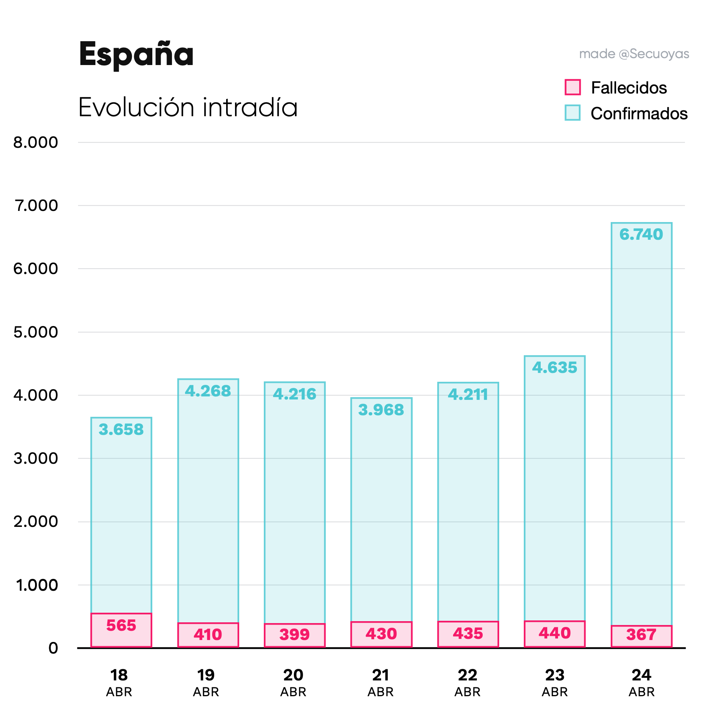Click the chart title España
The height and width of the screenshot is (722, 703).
click(136, 55)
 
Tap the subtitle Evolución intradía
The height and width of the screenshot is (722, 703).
click(188, 107)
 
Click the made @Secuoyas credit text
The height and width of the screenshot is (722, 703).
click(634, 54)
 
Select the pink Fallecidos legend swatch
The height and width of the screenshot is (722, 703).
click(572, 87)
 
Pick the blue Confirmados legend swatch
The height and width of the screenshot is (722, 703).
click(572, 113)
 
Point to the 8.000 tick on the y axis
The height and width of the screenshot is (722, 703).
click(36, 143)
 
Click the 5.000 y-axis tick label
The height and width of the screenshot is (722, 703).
click(36, 332)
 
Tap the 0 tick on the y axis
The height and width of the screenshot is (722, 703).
click(53, 648)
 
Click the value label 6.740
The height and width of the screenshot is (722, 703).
click(641, 234)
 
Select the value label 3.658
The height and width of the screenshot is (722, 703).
click(121, 430)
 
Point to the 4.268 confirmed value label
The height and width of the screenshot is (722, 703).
click(208, 391)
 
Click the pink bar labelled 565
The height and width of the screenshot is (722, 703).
click(121, 630)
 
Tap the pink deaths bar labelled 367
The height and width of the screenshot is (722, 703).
click(641, 636)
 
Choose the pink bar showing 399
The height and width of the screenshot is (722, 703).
click(295, 635)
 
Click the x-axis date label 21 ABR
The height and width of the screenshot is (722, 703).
click(381, 682)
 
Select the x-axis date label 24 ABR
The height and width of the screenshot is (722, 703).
click(641, 682)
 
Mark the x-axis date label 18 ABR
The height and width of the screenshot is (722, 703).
click(119, 682)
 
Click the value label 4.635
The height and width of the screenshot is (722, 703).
click(555, 368)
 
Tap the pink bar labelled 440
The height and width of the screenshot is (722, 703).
click(555, 634)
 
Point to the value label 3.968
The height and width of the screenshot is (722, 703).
click(381, 410)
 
